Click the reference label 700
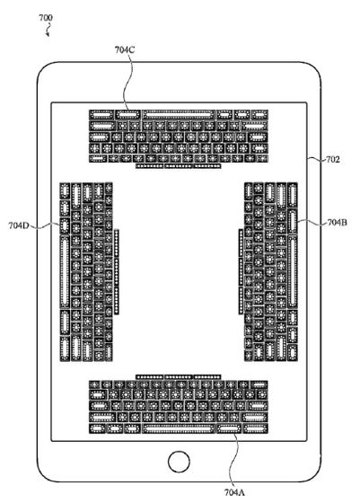(46, 17)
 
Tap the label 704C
(125, 49)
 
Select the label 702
(332, 159)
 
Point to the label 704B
(337, 222)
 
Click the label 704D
(19, 225)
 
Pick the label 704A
(235, 492)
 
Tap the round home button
(179, 462)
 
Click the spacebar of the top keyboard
(179, 115)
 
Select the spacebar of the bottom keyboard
(179, 428)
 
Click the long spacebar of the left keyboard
(65, 272)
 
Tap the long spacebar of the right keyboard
(292, 271)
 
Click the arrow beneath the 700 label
(48, 31)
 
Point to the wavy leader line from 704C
(127, 83)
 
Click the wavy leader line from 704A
(235, 460)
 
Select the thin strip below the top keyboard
(179, 166)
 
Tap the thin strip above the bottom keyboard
(179, 377)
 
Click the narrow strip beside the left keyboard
(117, 272)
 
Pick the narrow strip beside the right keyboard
(241, 271)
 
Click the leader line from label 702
(316, 159)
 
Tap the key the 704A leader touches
(229, 428)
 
